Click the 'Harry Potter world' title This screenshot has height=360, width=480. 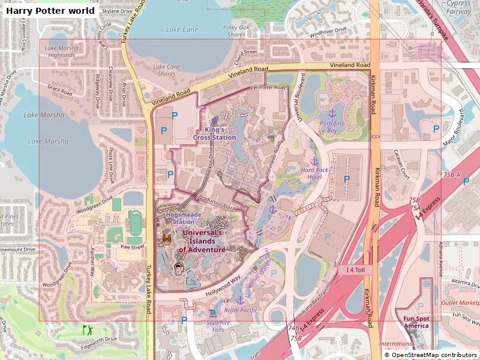coord(50,11)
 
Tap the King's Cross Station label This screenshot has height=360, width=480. coord(214,133)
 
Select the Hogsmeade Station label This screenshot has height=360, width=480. coord(175,217)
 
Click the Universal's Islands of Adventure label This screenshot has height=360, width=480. coord(202,241)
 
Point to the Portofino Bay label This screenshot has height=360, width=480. coord(332,127)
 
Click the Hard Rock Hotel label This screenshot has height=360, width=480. coord(315,173)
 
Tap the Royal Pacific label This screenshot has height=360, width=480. coord(241,310)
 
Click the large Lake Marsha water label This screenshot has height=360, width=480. coord(48,142)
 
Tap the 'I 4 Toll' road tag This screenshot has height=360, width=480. coord(359,271)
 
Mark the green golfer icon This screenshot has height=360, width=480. coord(88,329)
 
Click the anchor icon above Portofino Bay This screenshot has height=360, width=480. coord(332,113)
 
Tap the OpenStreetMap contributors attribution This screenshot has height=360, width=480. coord(431,355)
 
